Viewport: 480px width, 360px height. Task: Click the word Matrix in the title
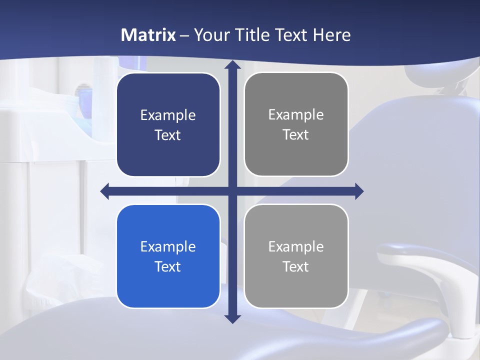pyautogui.click(x=148, y=35)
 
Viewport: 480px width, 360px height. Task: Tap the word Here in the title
pyautogui.click(x=332, y=35)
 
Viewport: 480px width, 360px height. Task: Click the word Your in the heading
pyautogui.click(x=211, y=35)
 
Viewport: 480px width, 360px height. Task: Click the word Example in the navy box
pyautogui.click(x=168, y=115)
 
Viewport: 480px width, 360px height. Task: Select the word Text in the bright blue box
pyautogui.click(x=168, y=266)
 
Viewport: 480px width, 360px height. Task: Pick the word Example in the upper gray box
pyautogui.click(x=296, y=115)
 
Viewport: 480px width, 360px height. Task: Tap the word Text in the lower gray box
pyautogui.click(x=296, y=266)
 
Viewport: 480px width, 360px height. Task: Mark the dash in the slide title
pyautogui.click(x=184, y=35)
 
